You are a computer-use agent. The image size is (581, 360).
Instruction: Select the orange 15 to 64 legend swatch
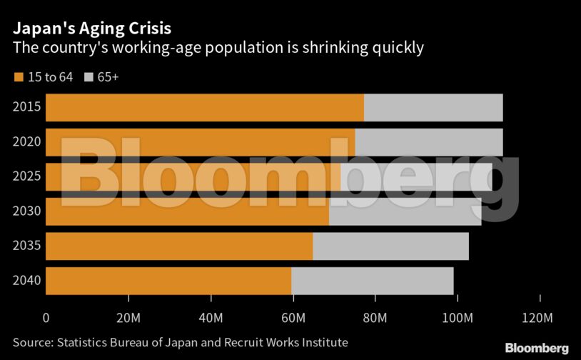(x=19, y=77)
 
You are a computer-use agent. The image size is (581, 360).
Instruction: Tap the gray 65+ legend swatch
(x=90, y=77)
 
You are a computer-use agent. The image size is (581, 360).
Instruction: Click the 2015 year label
(x=26, y=108)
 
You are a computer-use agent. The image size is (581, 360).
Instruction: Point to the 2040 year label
(x=26, y=281)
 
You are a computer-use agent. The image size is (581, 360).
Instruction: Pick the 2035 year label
(x=26, y=246)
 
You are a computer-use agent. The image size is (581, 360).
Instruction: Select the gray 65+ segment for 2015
(x=433, y=108)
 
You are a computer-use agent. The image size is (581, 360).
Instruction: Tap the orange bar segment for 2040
(x=168, y=281)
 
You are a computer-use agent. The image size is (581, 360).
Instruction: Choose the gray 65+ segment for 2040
(x=373, y=281)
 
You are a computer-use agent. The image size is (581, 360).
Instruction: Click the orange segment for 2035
(x=179, y=246)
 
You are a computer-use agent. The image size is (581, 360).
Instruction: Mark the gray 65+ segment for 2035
(x=390, y=246)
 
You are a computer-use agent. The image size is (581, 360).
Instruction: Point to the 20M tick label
(x=128, y=317)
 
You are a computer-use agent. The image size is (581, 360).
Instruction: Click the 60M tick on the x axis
(x=293, y=317)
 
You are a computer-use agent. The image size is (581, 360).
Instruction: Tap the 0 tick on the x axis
(x=46, y=317)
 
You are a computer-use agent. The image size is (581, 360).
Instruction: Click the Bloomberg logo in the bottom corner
(x=537, y=348)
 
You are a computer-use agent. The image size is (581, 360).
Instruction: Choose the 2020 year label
(x=26, y=142)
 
